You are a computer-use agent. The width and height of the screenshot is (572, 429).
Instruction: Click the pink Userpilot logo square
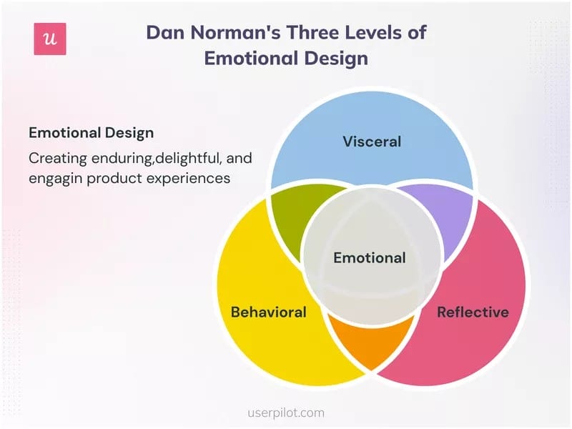pos(50,39)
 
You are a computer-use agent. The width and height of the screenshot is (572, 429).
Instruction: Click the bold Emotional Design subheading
pos(91,133)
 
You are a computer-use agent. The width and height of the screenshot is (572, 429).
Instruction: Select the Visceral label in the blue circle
pos(372,141)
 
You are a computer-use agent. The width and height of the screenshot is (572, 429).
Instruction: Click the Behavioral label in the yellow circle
pos(268,312)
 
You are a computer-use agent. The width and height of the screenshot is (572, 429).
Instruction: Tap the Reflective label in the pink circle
pos(473,312)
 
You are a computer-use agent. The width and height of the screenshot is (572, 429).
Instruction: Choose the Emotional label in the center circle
pos(370,257)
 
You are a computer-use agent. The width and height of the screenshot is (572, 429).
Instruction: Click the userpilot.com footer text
pos(286,413)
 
